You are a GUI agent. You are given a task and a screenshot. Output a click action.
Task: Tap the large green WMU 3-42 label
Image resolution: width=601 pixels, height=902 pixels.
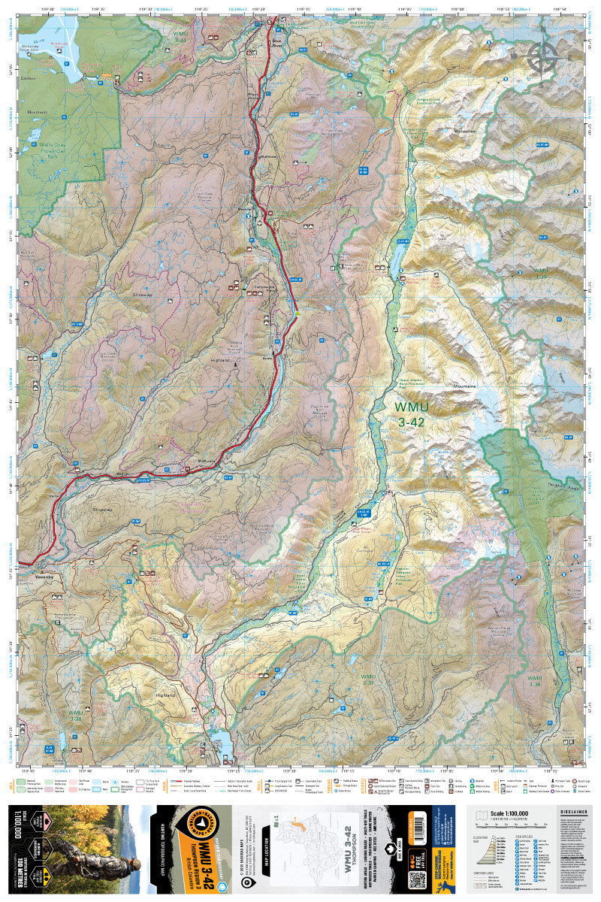410,413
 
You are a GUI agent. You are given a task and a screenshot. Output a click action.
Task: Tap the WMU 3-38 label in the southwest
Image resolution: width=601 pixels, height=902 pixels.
75,715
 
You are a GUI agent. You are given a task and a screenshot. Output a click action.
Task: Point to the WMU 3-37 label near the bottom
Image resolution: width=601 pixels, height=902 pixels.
367,680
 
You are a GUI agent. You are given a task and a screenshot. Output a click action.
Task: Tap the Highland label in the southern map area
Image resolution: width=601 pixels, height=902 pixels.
164,696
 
